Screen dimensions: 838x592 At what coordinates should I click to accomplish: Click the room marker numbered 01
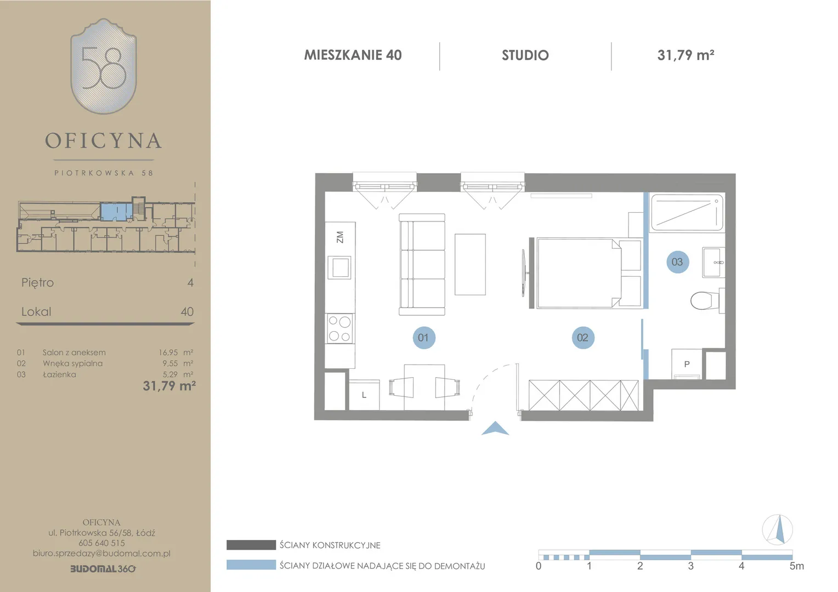(x=423, y=338)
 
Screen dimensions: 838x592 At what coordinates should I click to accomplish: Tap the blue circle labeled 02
(x=583, y=338)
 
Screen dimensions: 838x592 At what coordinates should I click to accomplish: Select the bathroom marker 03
(x=677, y=262)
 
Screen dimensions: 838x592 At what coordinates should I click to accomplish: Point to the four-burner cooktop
(x=339, y=328)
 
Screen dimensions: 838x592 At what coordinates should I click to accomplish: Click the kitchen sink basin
(x=339, y=267)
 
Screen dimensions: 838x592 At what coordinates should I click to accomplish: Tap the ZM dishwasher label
(x=339, y=237)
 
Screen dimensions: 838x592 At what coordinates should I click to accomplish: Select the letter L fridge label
(x=364, y=395)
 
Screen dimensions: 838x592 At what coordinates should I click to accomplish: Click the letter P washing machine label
(x=687, y=364)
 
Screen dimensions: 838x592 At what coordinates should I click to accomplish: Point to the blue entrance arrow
(x=495, y=429)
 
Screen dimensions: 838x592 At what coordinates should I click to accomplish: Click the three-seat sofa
(x=422, y=264)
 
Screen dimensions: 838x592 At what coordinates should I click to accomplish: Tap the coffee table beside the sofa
(x=470, y=264)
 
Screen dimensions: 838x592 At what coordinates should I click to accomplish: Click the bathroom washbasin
(x=714, y=262)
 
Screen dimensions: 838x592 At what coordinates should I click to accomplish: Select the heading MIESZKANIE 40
(x=353, y=55)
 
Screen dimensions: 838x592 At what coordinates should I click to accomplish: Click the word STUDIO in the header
(x=525, y=55)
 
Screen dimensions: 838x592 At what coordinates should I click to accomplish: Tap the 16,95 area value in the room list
(x=168, y=352)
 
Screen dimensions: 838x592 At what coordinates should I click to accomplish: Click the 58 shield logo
(x=104, y=66)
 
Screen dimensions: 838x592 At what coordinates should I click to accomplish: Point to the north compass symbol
(x=777, y=530)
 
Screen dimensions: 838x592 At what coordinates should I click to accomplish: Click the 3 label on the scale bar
(x=690, y=566)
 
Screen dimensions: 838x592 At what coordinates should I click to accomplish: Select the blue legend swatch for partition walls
(x=251, y=565)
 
